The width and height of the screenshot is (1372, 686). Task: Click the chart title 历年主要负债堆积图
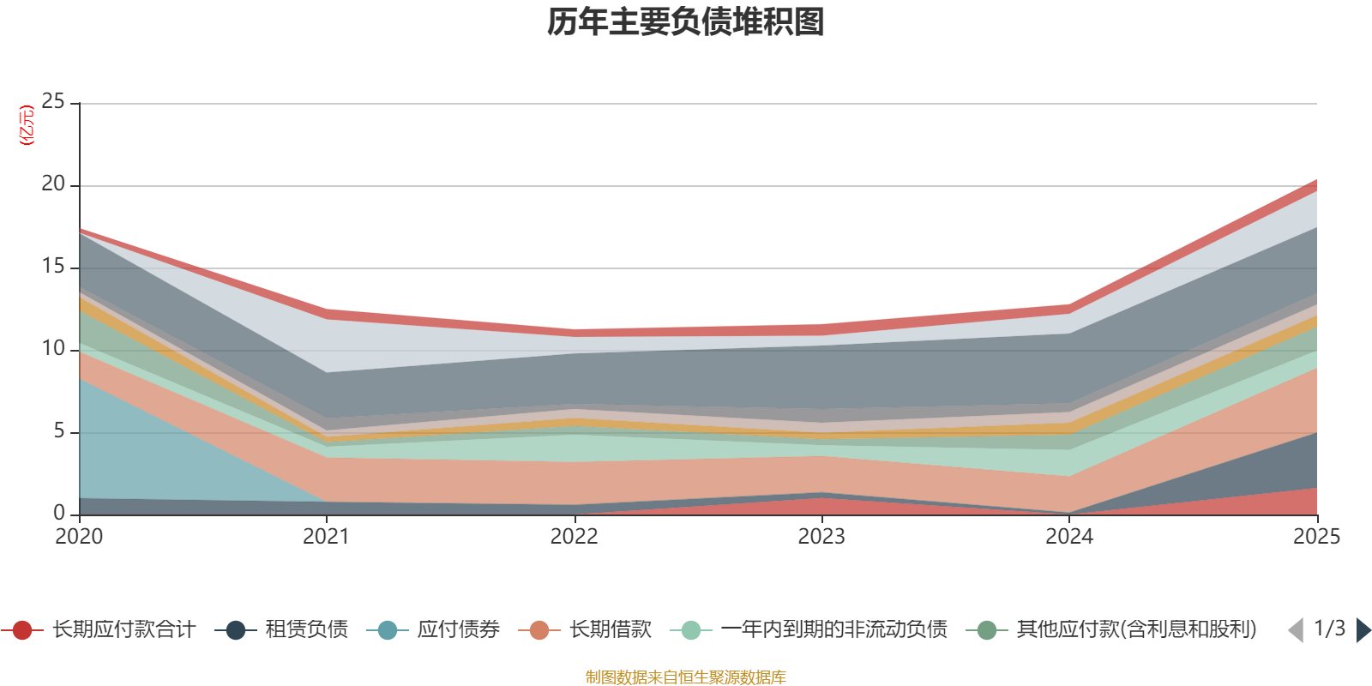point(686,22)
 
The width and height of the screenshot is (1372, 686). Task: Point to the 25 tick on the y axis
point(53,101)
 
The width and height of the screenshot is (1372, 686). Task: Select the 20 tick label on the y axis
point(53,184)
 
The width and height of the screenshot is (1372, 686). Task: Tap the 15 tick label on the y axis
point(53,266)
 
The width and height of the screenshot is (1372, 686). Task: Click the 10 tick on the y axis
point(53,348)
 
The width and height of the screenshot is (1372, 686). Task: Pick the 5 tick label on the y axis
point(58,430)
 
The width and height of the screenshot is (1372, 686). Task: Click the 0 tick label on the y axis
point(58,513)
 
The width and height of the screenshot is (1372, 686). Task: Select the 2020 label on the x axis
point(79,537)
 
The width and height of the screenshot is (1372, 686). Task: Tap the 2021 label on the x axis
point(326,537)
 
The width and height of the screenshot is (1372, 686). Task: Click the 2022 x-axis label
point(574,537)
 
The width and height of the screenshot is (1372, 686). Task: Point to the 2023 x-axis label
point(821,537)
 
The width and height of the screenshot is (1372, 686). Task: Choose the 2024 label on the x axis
point(1069,537)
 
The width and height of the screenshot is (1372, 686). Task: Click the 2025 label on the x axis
point(1316,537)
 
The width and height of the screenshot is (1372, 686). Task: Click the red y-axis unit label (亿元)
point(27,125)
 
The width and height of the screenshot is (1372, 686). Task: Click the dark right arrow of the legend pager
point(1363,630)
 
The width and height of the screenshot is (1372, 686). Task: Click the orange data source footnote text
point(686,677)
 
